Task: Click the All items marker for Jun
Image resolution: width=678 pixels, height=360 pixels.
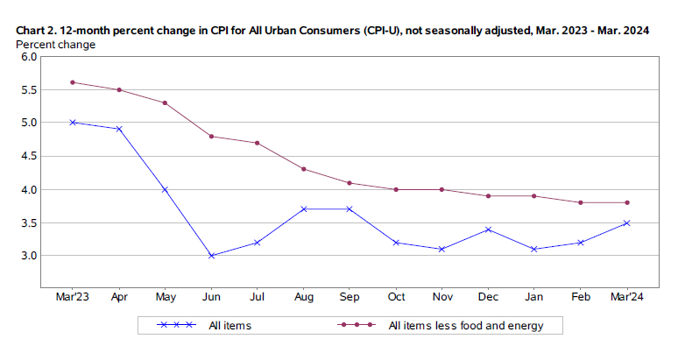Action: (210, 256)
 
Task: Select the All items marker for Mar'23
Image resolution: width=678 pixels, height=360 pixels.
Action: (73, 123)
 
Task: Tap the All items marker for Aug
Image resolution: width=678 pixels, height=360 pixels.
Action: (303, 209)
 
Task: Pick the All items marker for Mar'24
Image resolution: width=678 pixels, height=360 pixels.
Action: (627, 222)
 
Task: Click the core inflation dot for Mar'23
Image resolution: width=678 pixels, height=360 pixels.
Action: (73, 82)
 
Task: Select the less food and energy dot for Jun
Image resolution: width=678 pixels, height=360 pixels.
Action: (210, 136)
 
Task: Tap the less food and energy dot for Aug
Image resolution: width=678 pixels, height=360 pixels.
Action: (303, 169)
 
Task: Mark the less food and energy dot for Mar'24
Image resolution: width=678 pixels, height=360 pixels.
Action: (627, 202)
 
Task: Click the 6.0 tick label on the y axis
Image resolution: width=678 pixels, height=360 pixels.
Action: (28, 57)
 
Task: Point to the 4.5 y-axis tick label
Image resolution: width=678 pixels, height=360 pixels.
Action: (28, 156)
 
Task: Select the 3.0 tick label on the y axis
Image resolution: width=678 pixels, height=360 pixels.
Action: (28, 256)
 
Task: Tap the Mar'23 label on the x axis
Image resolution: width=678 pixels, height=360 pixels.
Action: (73, 298)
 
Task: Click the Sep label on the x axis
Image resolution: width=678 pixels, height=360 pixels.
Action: (350, 298)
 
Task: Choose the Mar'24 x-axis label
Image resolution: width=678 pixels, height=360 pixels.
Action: (627, 298)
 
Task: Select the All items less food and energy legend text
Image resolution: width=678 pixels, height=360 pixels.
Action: (465, 327)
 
